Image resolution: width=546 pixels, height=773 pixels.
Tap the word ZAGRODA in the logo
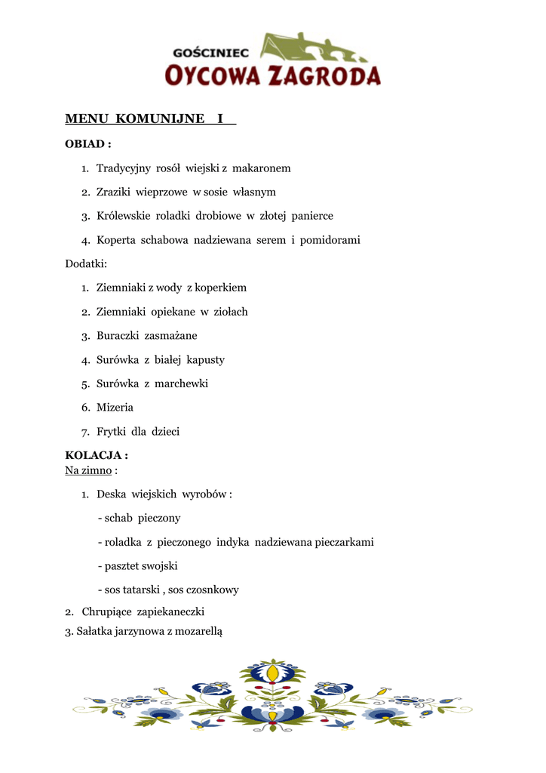point(325,75)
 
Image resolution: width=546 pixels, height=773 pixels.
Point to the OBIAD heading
point(88,143)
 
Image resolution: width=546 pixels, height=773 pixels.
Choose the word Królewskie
point(123,216)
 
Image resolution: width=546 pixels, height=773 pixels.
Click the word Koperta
point(115,240)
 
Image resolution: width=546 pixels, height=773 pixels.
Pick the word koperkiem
point(222,288)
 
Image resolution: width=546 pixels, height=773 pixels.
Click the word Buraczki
point(118,335)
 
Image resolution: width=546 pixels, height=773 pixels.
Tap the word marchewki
point(181,383)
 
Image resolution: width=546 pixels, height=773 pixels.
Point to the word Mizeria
point(115,408)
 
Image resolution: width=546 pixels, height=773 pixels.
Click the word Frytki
point(111,432)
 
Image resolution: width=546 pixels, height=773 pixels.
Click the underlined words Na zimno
point(88,470)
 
